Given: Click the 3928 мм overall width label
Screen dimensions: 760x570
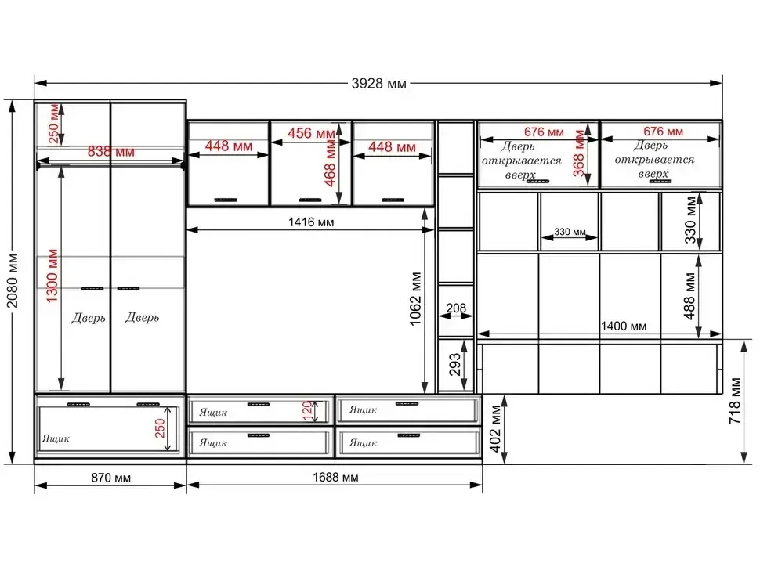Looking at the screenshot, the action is (378, 84).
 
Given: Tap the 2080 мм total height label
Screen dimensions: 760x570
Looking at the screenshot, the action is (13, 281).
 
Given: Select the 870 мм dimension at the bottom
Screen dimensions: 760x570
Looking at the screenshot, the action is (111, 478).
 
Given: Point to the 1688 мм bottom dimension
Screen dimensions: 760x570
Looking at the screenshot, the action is (335, 478).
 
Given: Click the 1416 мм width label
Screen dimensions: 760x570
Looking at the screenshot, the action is (311, 222).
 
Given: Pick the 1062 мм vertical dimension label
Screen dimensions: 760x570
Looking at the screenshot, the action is (416, 299).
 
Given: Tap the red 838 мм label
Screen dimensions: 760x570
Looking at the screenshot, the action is (111, 152).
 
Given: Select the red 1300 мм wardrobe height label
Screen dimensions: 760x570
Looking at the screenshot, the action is (52, 276).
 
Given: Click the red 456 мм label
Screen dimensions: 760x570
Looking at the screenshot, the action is (311, 133).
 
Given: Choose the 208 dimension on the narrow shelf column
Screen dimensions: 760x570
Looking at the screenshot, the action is (456, 308).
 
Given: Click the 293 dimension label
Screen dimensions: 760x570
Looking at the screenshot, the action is (454, 365).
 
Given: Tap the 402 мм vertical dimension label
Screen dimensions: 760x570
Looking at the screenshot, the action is (495, 429).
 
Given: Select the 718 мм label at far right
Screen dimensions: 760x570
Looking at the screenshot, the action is (735, 401).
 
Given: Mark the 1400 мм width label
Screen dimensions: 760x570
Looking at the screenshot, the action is (624, 326).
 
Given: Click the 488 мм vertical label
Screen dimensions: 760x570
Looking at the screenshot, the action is (689, 297).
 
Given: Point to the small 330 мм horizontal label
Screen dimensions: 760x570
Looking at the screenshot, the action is (570, 232).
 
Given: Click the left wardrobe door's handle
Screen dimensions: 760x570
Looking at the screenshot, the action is (92, 289).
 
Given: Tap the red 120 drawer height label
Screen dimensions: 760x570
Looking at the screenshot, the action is (307, 411).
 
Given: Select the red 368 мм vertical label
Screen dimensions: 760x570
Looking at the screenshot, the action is (579, 153).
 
